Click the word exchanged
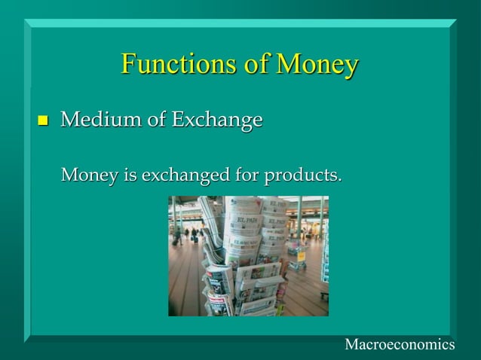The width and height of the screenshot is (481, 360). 176,178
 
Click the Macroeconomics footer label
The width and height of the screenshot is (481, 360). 400,344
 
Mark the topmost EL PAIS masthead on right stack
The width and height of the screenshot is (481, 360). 274,203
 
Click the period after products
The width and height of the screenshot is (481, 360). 339,182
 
